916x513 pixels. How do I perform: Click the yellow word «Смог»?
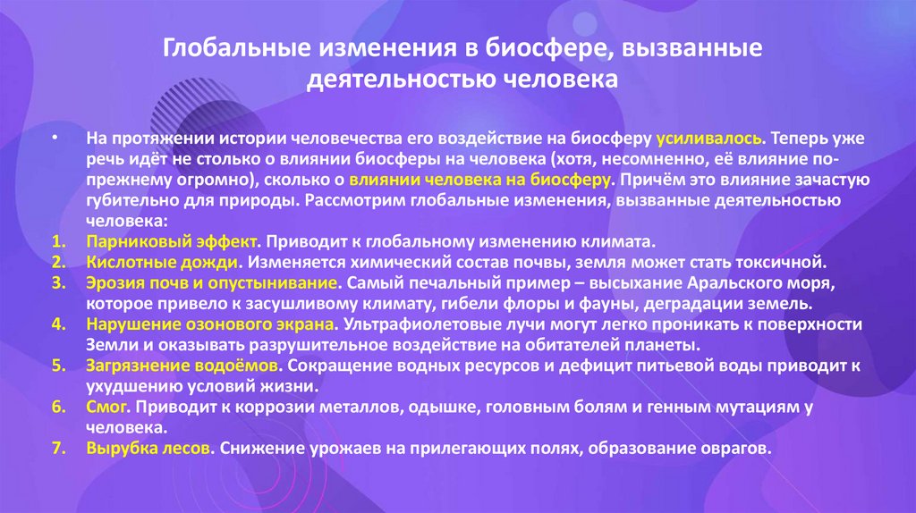coord(108,407)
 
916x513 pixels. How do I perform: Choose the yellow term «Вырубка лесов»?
coord(149,448)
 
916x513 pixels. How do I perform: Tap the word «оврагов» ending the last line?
coord(738,448)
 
